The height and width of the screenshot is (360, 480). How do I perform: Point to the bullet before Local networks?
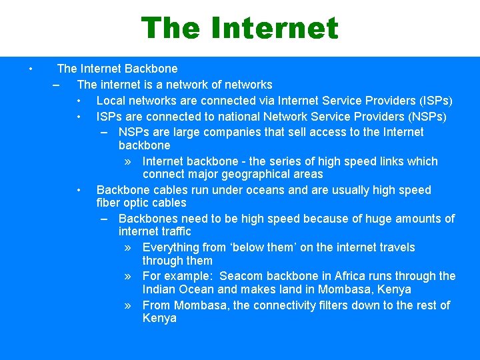click(79, 101)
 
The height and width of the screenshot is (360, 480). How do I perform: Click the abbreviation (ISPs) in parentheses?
click(435, 101)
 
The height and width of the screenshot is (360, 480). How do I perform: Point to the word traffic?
click(173, 231)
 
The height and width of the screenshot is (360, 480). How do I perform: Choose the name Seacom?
click(241, 276)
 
